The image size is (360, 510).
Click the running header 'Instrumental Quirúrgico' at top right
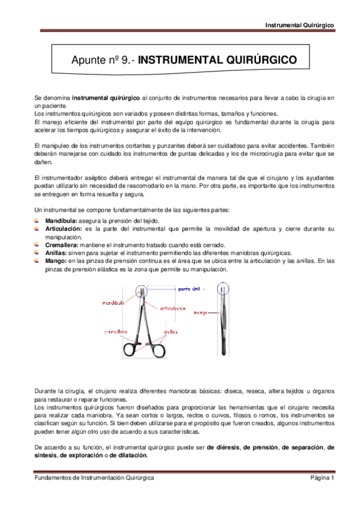(x=300, y=25)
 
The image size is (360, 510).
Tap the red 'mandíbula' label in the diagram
(x=113, y=303)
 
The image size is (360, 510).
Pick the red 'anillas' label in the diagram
(x=170, y=331)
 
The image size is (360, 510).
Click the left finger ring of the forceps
(x=129, y=350)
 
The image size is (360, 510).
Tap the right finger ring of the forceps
(x=155, y=350)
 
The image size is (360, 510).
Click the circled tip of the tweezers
(x=224, y=290)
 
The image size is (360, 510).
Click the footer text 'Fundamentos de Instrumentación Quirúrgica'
(x=93, y=477)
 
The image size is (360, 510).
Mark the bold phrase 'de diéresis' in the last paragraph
(x=223, y=447)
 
